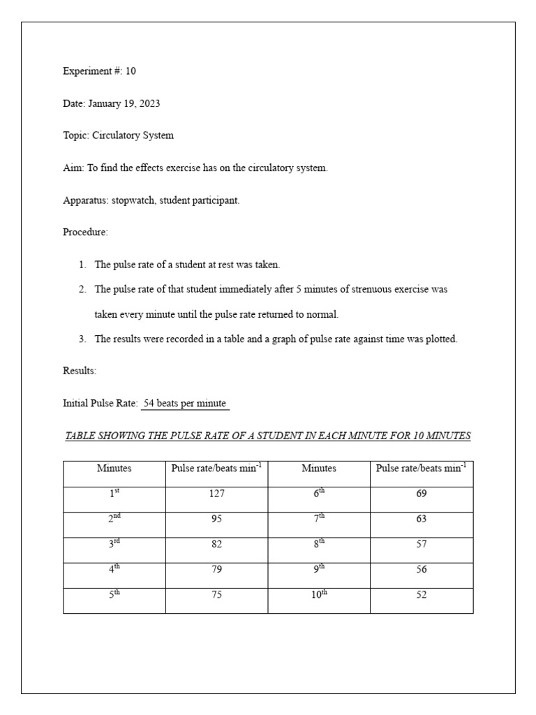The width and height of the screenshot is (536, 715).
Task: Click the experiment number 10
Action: coord(131,71)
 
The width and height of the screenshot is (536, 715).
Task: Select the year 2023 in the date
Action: coord(149,103)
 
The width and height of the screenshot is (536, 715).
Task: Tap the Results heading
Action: coord(80,371)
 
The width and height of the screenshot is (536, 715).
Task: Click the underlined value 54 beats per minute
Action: coord(185,404)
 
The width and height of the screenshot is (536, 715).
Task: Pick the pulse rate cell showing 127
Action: coord(216,494)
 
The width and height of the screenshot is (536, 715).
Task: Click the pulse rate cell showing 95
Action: coord(216,519)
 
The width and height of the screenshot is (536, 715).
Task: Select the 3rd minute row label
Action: coord(114,544)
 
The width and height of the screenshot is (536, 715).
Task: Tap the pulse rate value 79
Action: coord(216,569)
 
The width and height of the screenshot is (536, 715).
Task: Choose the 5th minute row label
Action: coord(114,594)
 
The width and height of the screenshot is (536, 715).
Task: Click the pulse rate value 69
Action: coord(422,494)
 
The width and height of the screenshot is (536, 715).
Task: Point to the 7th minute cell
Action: coord(319,519)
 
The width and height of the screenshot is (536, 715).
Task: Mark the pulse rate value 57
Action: coord(422,544)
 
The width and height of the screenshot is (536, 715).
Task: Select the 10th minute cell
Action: coord(319,594)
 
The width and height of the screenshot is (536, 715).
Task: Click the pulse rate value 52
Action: coord(422,594)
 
